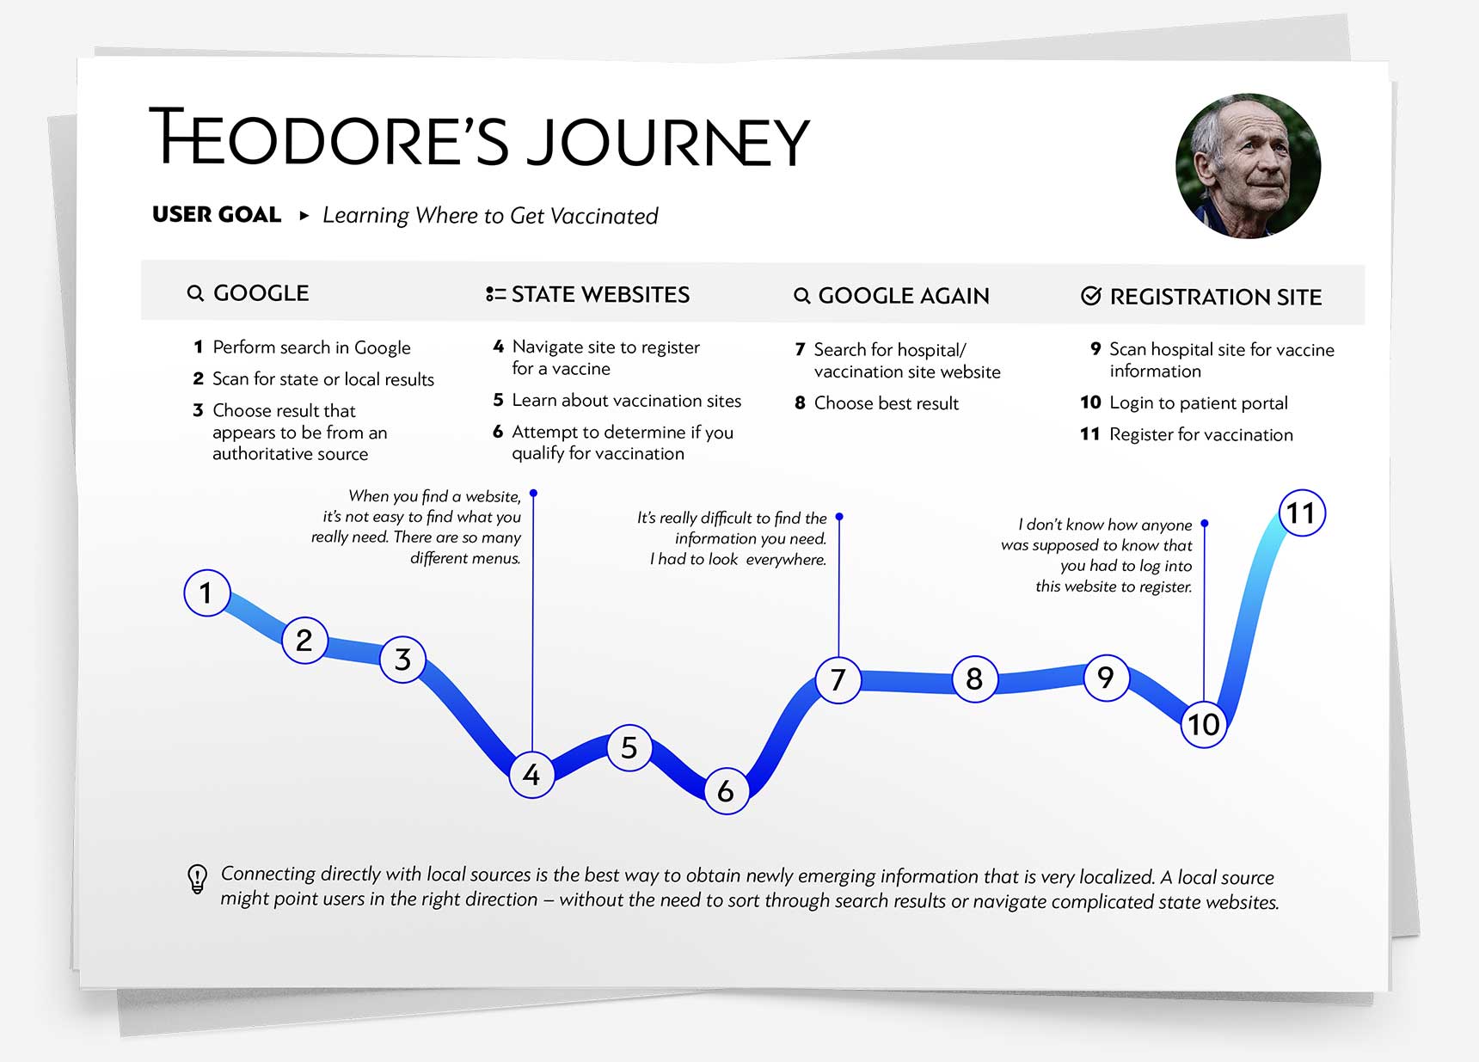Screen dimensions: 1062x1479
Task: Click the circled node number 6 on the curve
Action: point(726,791)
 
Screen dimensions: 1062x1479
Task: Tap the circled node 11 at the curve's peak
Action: point(1301,513)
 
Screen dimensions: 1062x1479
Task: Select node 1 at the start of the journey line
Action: point(206,592)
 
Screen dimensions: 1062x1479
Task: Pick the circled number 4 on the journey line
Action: point(531,775)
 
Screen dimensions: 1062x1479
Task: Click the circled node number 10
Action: point(1203,724)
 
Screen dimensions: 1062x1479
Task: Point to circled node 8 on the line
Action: point(974,679)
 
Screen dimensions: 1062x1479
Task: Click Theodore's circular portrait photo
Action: point(1248,165)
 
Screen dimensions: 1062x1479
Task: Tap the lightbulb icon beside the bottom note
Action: point(197,879)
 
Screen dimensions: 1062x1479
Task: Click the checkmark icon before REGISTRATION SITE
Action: point(1090,296)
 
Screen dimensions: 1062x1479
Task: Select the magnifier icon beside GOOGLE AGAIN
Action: point(801,296)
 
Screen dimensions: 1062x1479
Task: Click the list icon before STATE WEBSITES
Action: point(494,294)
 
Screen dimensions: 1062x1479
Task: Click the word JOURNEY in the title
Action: point(667,142)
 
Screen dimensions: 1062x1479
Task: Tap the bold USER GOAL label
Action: point(217,214)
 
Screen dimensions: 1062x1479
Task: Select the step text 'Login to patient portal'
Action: point(1198,402)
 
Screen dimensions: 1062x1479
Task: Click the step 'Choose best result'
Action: point(886,403)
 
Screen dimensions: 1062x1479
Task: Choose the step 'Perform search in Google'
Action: point(311,347)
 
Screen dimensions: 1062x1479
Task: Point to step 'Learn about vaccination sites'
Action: point(626,401)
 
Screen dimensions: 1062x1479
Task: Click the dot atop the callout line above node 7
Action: point(839,517)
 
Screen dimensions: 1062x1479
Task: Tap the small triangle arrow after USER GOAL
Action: point(304,215)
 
